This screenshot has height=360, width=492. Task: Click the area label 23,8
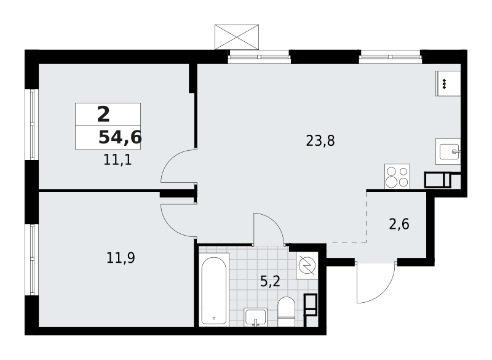coord(320,141)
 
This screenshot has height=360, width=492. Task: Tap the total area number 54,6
coord(120,138)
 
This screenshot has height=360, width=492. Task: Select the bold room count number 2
coord(103,114)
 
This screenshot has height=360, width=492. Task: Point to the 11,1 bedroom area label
coord(117,161)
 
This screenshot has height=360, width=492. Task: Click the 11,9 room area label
coord(121,258)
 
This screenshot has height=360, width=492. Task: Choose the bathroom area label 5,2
coord(270,282)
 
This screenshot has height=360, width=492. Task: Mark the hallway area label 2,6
coord(399,224)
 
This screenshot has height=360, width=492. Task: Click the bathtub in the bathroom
coord(214,289)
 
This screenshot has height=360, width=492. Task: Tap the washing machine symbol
coord(306,265)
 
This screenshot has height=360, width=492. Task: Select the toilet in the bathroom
coord(287,311)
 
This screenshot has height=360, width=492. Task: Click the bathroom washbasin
coord(255,317)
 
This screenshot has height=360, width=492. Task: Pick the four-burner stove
coord(397,176)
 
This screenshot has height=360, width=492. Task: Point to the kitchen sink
coord(448,151)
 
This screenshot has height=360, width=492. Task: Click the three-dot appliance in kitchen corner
coord(448,83)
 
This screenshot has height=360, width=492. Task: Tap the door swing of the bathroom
coord(269,228)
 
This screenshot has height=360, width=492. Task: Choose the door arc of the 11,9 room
coord(177,221)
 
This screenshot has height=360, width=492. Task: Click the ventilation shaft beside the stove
coord(437,180)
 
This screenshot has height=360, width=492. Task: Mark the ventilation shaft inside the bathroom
coord(311,305)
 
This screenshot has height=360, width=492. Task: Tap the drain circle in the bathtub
coord(213,319)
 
